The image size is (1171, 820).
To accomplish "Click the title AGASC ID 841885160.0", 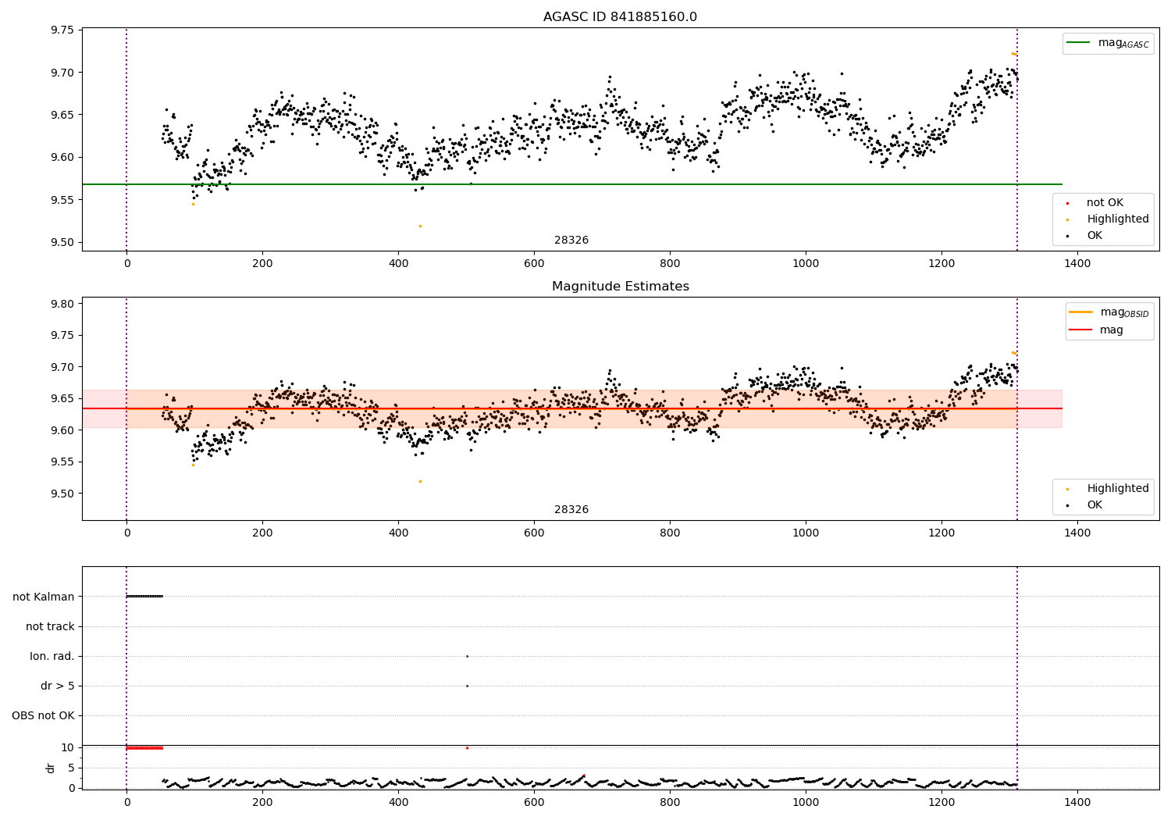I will pyautogui.click(x=620, y=17).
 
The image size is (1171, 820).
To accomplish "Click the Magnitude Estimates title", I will pyautogui.click(x=620, y=287).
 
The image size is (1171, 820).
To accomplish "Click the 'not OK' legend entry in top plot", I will pyautogui.click(x=1104, y=203).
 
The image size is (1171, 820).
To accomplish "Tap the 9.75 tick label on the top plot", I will pyautogui.click(x=62, y=30).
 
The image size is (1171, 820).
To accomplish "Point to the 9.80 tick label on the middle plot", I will pyautogui.click(x=62, y=304).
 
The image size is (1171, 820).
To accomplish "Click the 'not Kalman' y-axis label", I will pyautogui.click(x=44, y=597).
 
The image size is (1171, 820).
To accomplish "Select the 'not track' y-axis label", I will pyautogui.click(x=50, y=626).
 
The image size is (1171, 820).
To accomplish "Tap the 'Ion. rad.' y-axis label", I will pyautogui.click(x=52, y=656).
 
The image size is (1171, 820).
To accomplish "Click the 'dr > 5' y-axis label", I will pyautogui.click(x=58, y=686).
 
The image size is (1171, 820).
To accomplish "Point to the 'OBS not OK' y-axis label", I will pyautogui.click(x=43, y=715).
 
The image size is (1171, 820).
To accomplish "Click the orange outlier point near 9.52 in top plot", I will pyautogui.click(x=420, y=226).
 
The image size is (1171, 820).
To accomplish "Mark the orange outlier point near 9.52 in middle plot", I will pyautogui.click(x=420, y=481).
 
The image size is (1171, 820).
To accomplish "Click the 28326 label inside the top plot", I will pyautogui.click(x=571, y=241).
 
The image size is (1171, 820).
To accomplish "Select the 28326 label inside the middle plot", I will pyautogui.click(x=571, y=510).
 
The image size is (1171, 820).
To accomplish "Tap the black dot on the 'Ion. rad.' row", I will pyautogui.click(x=467, y=656).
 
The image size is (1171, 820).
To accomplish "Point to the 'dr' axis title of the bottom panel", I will pyautogui.click(x=51, y=768).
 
